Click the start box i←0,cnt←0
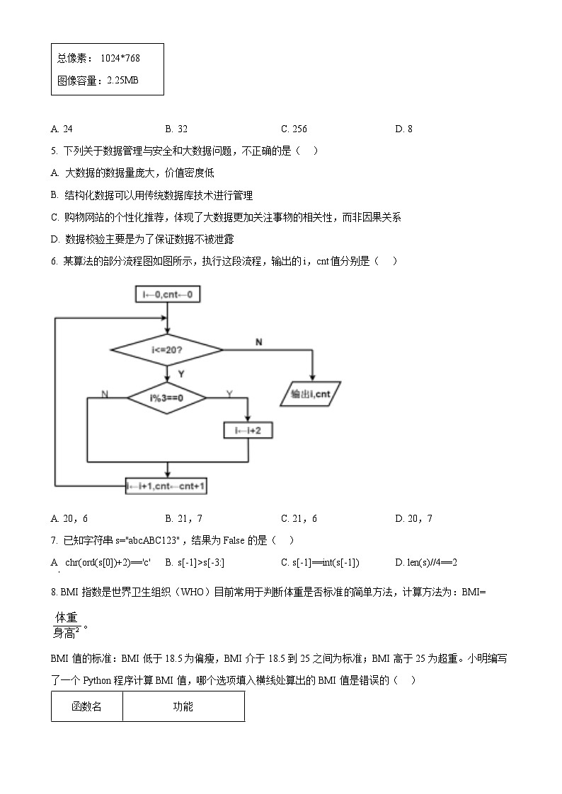[167, 294]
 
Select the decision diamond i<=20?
[166, 349]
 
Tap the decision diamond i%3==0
[166, 398]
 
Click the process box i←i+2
[248, 430]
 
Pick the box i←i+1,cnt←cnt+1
[167, 486]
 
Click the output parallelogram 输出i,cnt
[311, 395]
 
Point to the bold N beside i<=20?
[258, 342]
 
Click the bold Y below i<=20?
[180, 373]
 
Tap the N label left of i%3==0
[105, 393]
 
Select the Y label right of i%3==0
[229, 393]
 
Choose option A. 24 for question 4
[62, 129]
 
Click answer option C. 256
[294, 129]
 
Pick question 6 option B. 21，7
[183, 518]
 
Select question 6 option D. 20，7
[413, 518]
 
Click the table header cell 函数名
[86, 706]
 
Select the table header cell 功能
[183, 706]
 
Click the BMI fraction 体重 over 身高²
[67, 625]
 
